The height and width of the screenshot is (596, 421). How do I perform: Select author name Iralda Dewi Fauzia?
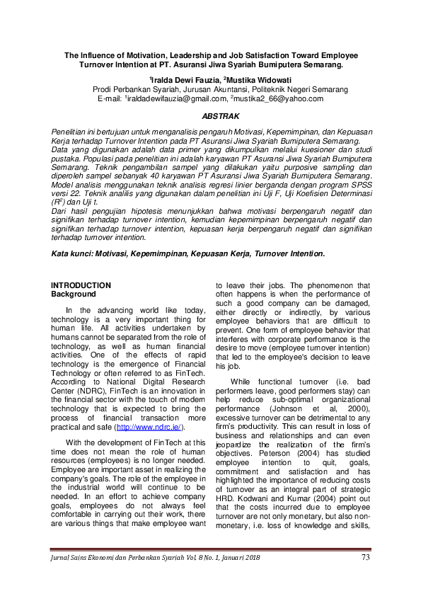185,80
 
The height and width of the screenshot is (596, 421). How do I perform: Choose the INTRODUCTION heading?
81,285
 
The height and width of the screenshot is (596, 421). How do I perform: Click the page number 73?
365,558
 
